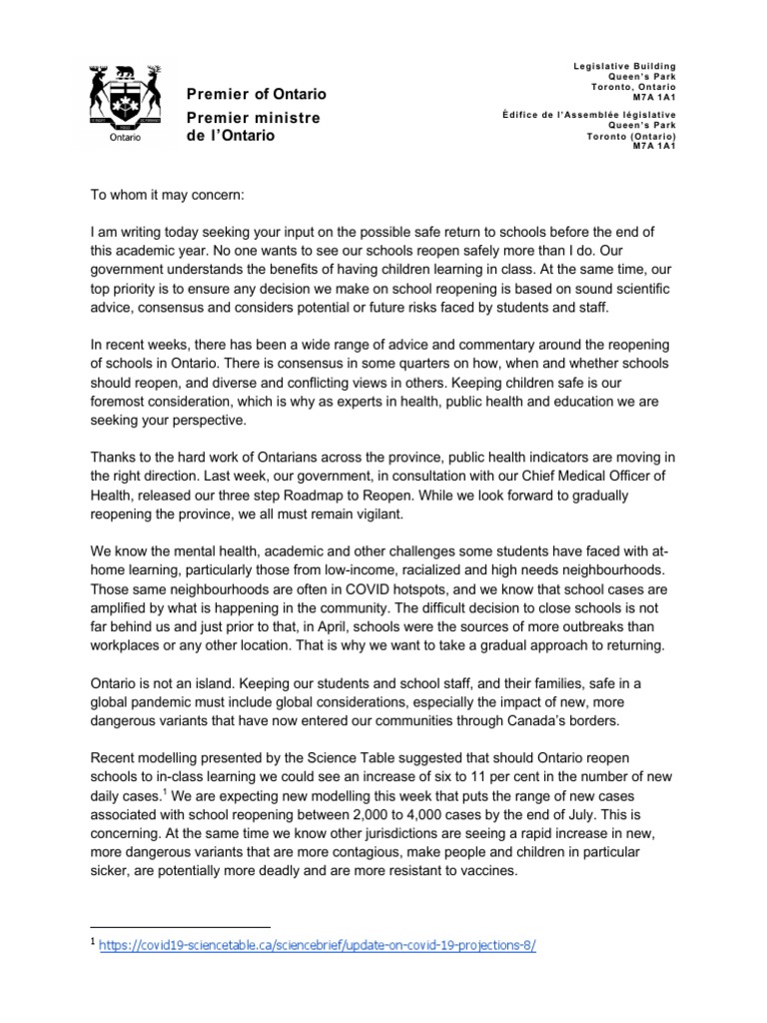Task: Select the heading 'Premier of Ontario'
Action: [257, 94]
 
